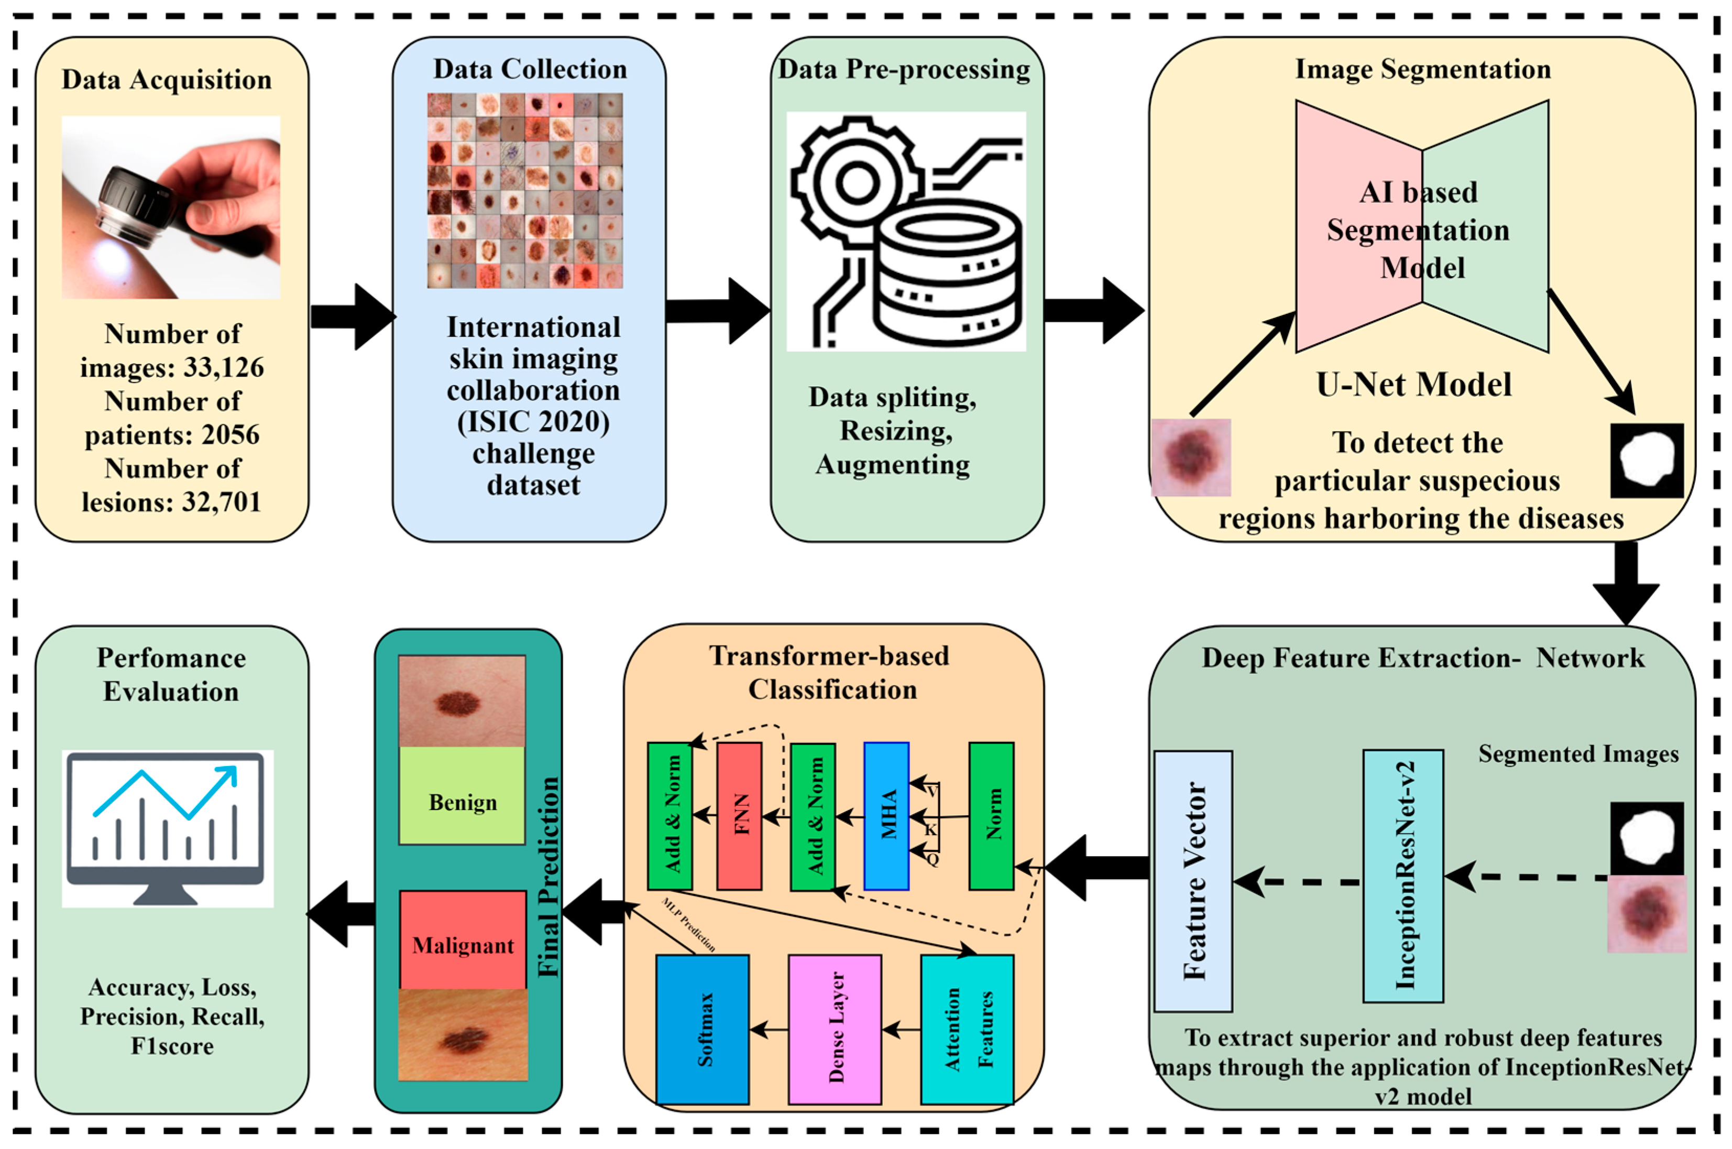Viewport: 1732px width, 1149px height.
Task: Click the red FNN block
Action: (739, 816)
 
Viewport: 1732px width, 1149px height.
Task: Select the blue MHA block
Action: (886, 816)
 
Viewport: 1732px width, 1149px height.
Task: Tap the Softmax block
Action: (702, 1029)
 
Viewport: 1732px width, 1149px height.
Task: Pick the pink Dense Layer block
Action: (835, 1029)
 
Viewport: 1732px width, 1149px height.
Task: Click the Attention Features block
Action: (967, 1029)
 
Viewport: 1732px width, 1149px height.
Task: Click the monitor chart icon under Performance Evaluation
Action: (167, 828)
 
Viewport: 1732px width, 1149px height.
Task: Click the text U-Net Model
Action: (1413, 385)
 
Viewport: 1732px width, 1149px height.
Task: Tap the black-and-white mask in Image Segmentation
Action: (1646, 459)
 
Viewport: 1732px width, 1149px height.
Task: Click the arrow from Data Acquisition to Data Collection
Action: (352, 316)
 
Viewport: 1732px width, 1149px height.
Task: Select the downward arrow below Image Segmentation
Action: (1625, 583)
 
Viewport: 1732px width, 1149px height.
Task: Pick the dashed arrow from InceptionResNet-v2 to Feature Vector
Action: (1297, 882)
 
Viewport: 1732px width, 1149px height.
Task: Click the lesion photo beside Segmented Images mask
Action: (1646, 913)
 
